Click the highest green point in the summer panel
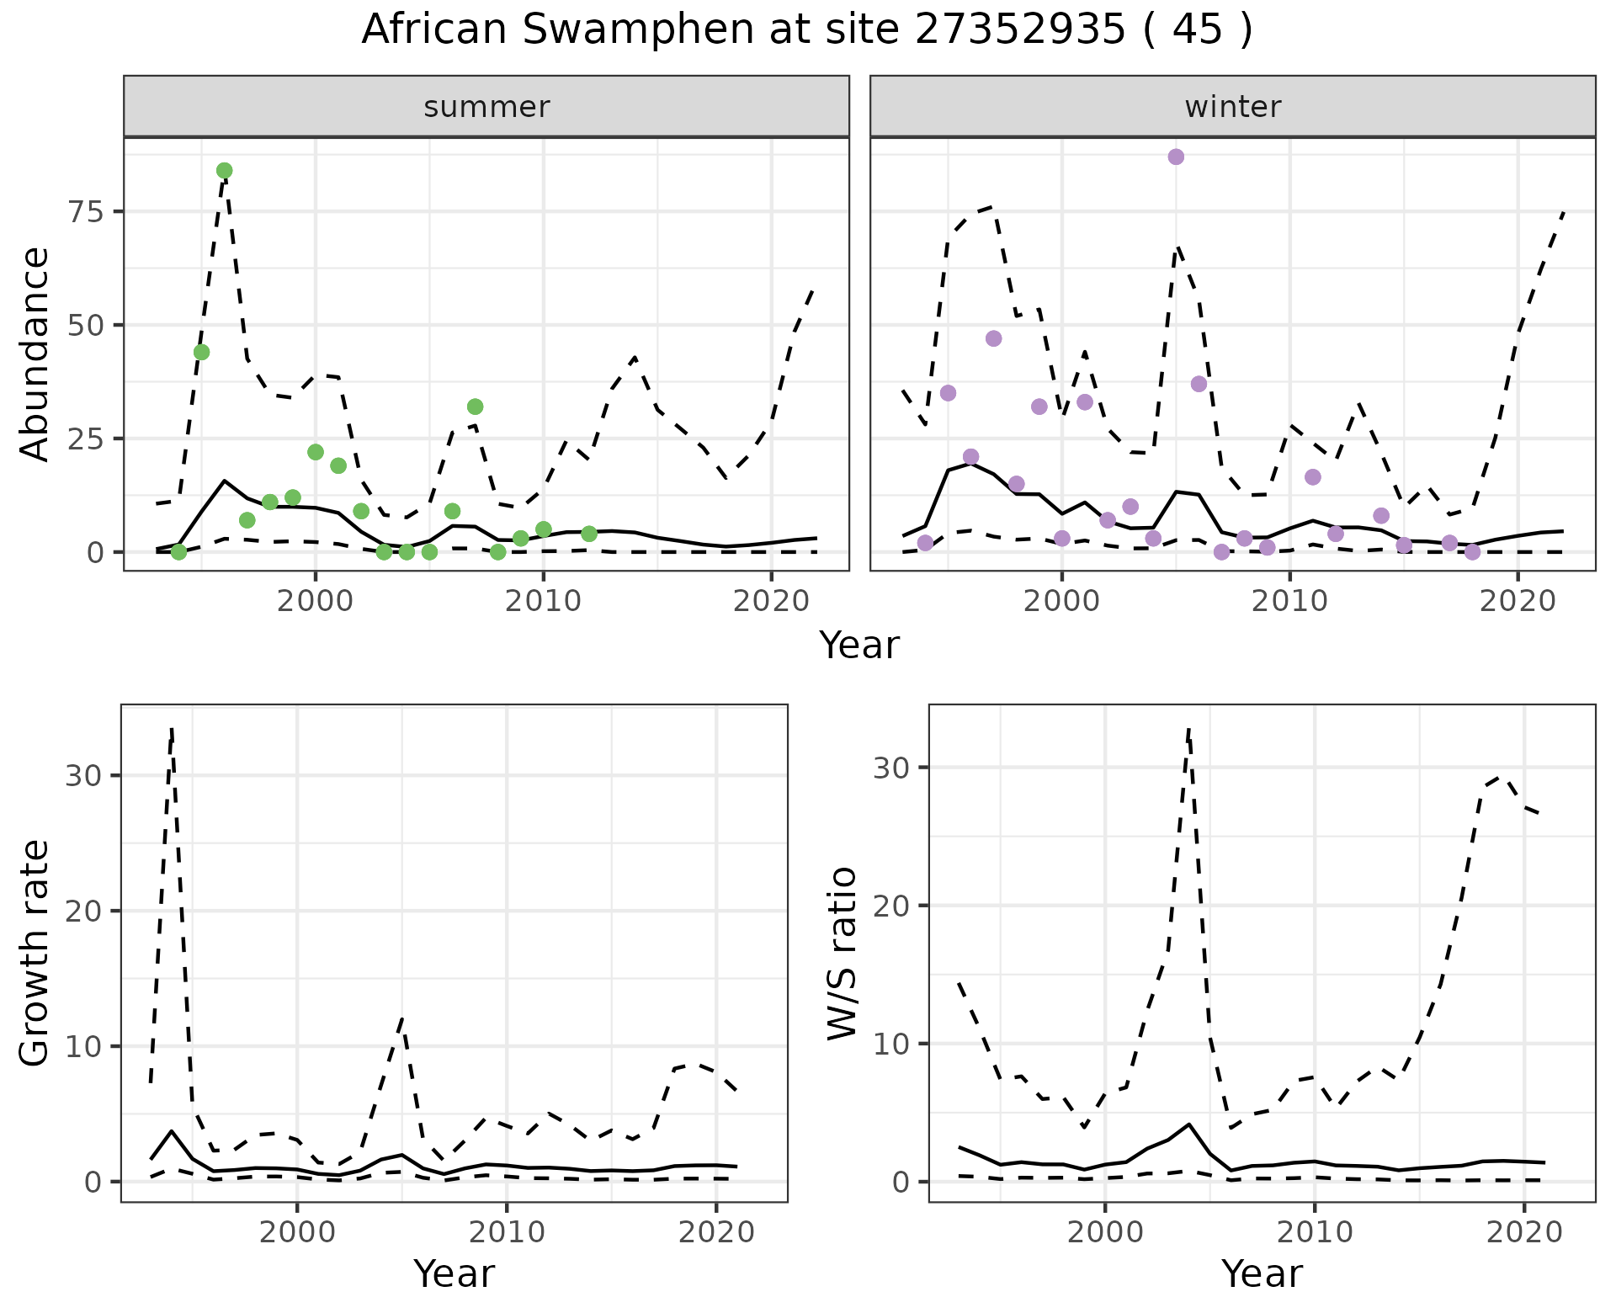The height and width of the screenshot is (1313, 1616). pyautogui.click(x=224, y=171)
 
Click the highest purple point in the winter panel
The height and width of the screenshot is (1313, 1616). pyautogui.click(x=1176, y=157)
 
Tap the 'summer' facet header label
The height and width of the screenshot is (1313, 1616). pyautogui.click(x=486, y=107)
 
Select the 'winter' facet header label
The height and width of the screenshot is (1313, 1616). pyautogui.click(x=1232, y=107)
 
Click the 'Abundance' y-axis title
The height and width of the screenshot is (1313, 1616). pyautogui.click(x=35, y=353)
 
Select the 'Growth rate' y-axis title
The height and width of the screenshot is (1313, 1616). pyautogui.click(x=35, y=953)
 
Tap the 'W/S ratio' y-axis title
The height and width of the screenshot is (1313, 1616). pyautogui.click(x=842, y=953)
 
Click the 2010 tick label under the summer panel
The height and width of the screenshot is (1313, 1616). pyautogui.click(x=543, y=601)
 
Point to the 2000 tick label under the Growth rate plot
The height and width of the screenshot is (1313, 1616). pyautogui.click(x=296, y=1232)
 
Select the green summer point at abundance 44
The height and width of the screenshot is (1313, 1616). pyautogui.click(x=201, y=352)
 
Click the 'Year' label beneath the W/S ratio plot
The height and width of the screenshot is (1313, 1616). pyautogui.click(x=1261, y=1274)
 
